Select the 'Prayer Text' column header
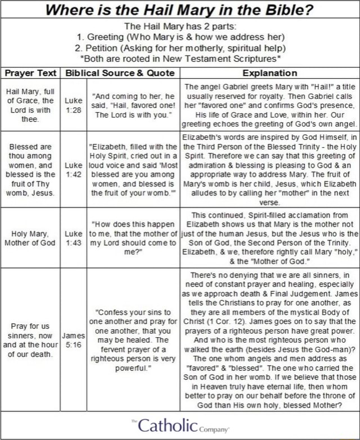click(x=31, y=73)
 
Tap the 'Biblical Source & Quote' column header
click(x=120, y=73)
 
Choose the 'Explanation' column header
click(x=269, y=73)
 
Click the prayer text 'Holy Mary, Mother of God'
click(x=31, y=238)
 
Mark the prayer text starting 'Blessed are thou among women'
click(x=31, y=169)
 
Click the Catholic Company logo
click(x=180, y=425)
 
